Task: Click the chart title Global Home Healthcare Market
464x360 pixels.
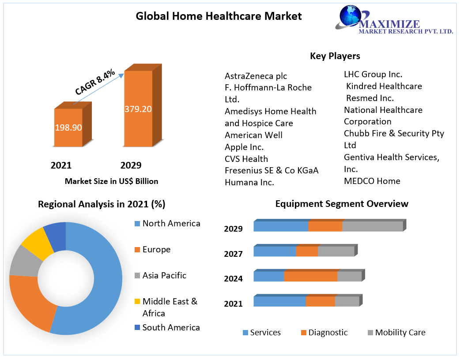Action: (x=219, y=16)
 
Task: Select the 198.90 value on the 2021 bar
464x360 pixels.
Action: (x=68, y=128)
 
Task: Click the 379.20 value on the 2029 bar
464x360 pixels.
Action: (x=138, y=109)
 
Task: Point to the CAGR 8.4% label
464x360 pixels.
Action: (x=94, y=82)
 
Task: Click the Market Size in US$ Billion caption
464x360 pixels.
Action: (x=111, y=181)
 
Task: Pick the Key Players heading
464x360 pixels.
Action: (x=335, y=56)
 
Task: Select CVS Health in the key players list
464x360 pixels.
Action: (x=246, y=159)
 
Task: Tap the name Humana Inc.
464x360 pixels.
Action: (x=249, y=182)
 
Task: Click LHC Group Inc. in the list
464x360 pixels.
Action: (x=373, y=75)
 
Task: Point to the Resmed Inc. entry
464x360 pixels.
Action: (x=370, y=98)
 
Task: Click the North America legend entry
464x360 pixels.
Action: (x=171, y=224)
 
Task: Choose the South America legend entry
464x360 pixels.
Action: (x=171, y=327)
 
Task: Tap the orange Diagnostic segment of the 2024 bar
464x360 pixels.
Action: (x=310, y=277)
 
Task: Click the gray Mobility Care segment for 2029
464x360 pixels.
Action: (x=372, y=226)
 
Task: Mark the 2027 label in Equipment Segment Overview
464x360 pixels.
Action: (x=233, y=254)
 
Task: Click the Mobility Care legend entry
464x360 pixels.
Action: (x=400, y=333)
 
